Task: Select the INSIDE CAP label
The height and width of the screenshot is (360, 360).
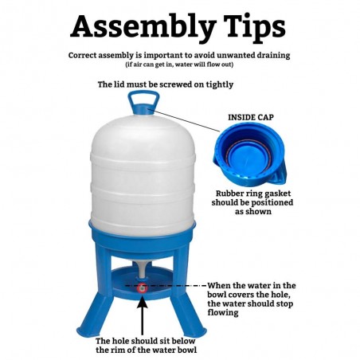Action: pos(251,117)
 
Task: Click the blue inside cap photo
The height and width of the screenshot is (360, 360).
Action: pos(249,155)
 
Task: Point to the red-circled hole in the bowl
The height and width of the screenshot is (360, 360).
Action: pos(143,288)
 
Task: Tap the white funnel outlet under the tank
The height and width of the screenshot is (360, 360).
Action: pos(143,270)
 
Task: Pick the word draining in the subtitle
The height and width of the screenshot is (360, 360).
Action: pos(273,56)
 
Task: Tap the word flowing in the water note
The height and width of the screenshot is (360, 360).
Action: pos(223,313)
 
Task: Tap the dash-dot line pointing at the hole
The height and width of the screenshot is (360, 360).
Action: pos(166,286)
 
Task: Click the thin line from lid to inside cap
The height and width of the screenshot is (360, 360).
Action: pos(184,119)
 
